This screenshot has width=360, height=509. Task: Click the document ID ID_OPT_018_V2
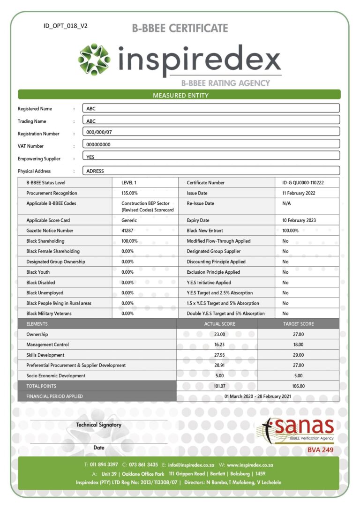(x=65, y=26)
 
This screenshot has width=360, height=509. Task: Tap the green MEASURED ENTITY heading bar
(x=180, y=95)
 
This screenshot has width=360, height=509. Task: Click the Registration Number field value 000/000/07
(x=99, y=132)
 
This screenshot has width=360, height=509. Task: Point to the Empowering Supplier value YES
(x=91, y=157)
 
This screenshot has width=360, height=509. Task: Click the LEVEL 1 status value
(x=129, y=183)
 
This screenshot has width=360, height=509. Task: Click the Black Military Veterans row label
(x=49, y=314)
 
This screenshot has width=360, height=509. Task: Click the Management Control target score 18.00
(x=298, y=344)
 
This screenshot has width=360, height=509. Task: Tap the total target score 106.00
(x=298, y=386)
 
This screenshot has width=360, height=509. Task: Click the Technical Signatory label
(x=99, y=425)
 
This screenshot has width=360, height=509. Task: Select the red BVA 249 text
(x=320, y=450)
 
